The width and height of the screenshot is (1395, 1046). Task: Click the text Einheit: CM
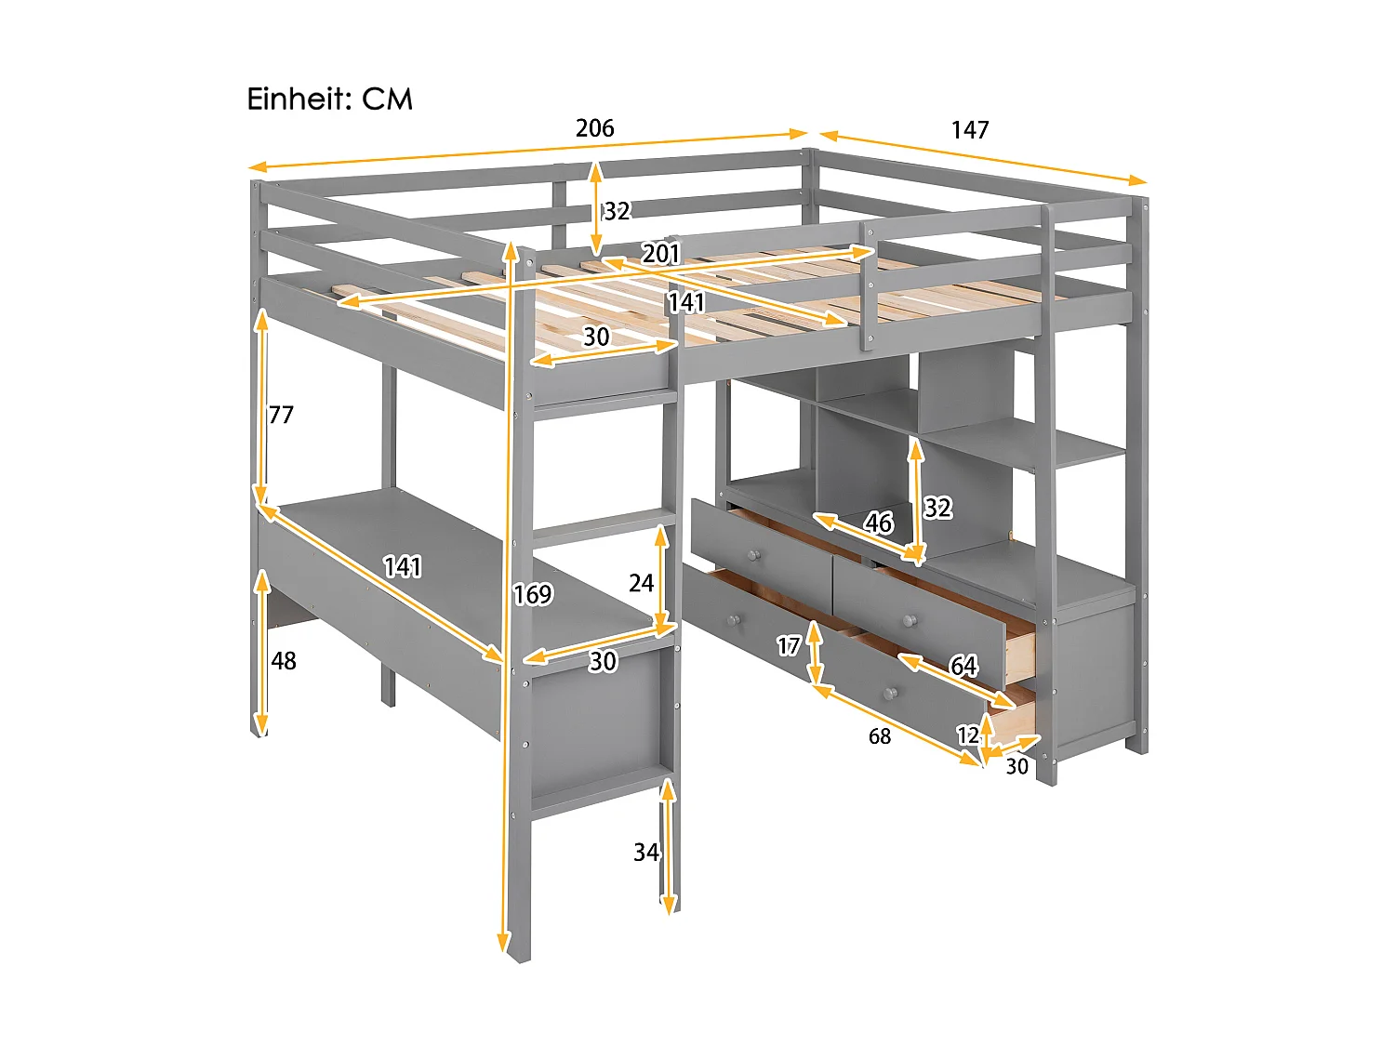click(x=329, y=99)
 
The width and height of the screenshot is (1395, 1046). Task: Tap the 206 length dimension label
click(x=594, y=128)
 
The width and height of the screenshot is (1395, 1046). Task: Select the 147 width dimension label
click(x=969, y=130)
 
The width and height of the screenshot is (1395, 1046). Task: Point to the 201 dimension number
click(x=661, y=253)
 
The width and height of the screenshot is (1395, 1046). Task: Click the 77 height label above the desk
click(x=281, y=415)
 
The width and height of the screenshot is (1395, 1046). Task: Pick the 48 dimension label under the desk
click(x=284, y=661)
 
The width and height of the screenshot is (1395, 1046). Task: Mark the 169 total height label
click(x=533, y=594)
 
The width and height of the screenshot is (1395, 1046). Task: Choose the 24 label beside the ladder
click(x=641, y=584)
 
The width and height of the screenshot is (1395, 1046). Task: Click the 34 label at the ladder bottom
click(x=645, y=853)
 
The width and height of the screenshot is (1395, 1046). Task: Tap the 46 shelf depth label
click(x=878, y=523)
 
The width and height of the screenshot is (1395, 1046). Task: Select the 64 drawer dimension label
click(x=963, y=666)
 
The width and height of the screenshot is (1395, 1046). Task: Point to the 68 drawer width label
click(x=879, y=736)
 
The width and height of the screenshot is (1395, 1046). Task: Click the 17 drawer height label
click(x=789, y=645)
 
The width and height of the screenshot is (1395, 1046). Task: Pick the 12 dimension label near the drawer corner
click(x=968, y=735)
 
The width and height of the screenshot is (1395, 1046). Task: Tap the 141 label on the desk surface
click(x=403, y=566)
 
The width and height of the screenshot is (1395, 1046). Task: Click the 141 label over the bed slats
click(x=686, y=302)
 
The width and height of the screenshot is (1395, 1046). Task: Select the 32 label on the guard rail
click(x=617, y=211)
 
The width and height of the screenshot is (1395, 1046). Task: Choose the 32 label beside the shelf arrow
click(x=937, y=508)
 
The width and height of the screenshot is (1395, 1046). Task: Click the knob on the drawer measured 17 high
click(x=734, y=619)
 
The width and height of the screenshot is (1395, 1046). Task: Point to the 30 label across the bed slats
click(x=596, y=337)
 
